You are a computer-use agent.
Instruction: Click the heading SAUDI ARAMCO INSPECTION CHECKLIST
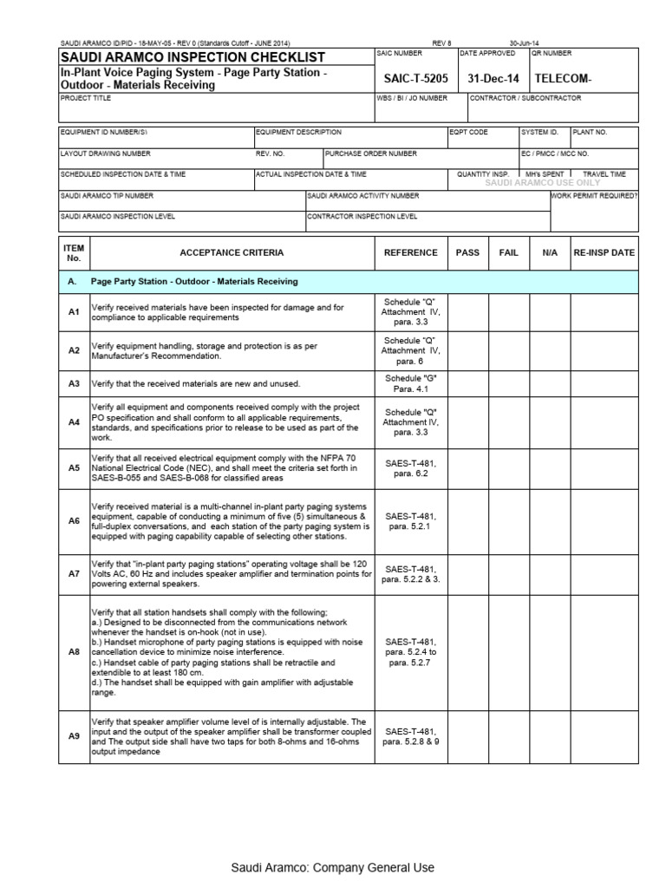tap(192, 56)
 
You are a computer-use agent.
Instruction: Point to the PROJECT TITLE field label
tap(86, 99)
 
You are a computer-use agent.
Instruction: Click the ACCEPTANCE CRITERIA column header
tap(231, 252)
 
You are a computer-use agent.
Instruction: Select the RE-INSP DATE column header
tap(604, 252)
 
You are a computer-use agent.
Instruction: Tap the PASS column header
tap(467, 252)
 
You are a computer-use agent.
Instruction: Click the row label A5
tap(74, 467)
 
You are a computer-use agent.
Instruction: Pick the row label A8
tap(74, 650)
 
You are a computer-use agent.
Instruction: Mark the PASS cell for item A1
tap(467, 312)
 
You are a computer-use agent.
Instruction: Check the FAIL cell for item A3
tap(509, 383)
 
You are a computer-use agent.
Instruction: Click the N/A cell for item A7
tap(550, 573)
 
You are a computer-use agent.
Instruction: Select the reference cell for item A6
tap(411, 520)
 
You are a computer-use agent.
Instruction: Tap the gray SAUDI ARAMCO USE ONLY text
tap(542, 183)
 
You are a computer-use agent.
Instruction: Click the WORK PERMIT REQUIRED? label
tap(595, 196)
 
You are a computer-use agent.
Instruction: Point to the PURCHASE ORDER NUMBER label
tap(371, 153)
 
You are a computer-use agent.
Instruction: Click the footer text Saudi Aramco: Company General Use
tap(332, 867)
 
